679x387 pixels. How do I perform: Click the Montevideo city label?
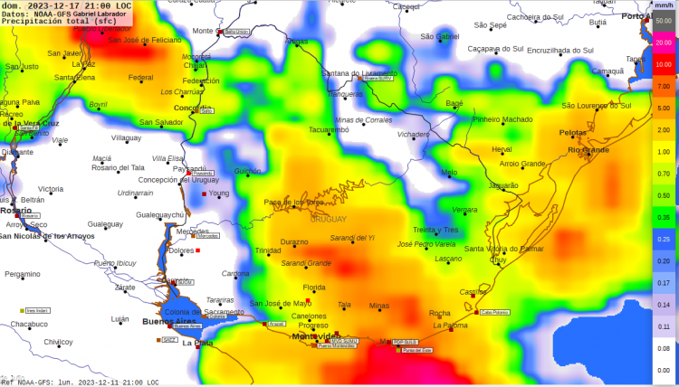315,335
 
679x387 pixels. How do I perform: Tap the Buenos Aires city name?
169,321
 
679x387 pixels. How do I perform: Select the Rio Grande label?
588,149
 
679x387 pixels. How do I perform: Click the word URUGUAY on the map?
328,219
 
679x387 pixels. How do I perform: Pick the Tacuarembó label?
329,130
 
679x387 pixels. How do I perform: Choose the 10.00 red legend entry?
663,64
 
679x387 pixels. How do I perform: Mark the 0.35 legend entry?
663,217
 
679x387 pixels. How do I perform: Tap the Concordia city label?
192,109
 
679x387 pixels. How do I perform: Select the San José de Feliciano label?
145,40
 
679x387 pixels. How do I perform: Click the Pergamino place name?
22,274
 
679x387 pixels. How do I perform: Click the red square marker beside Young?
205,193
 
